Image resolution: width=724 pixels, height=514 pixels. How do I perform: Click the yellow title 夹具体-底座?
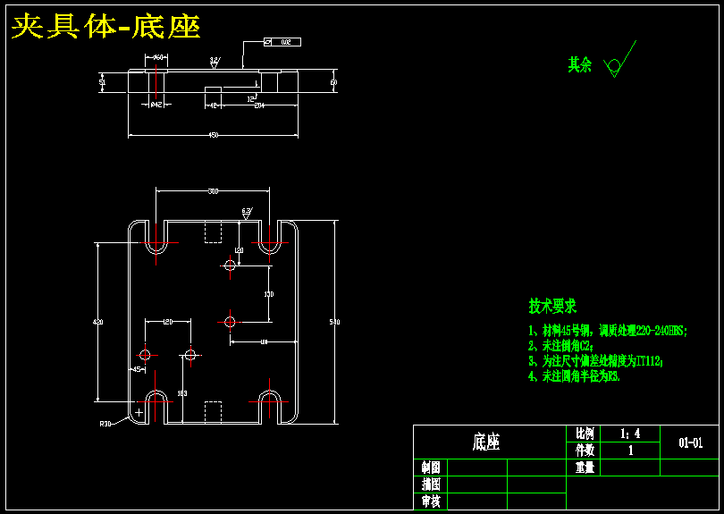click(105, 27)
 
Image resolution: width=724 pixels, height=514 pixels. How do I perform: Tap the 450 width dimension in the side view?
click(213, 134)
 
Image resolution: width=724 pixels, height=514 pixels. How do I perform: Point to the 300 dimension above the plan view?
click(213, 191)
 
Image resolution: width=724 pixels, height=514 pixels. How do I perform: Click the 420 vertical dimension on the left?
click(98, 321)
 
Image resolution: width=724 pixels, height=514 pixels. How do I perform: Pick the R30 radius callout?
click(105, 424)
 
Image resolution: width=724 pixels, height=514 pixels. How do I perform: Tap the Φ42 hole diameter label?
click(156, 105)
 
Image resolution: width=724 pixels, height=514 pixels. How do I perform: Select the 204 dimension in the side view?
click(259, 105)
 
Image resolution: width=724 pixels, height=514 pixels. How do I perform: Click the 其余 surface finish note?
click(580, 65)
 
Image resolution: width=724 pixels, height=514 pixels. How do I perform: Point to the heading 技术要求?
click(552, 307)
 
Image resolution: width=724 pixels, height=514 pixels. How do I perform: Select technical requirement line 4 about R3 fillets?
click(574, 376)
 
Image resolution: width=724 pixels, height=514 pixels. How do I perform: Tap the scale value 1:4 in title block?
click(630, 434)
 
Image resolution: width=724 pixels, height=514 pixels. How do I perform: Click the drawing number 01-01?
click(690, 442)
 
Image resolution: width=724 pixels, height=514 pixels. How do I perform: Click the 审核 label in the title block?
click(430, 501)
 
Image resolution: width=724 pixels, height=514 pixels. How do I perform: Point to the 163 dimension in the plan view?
click(182, 393)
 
